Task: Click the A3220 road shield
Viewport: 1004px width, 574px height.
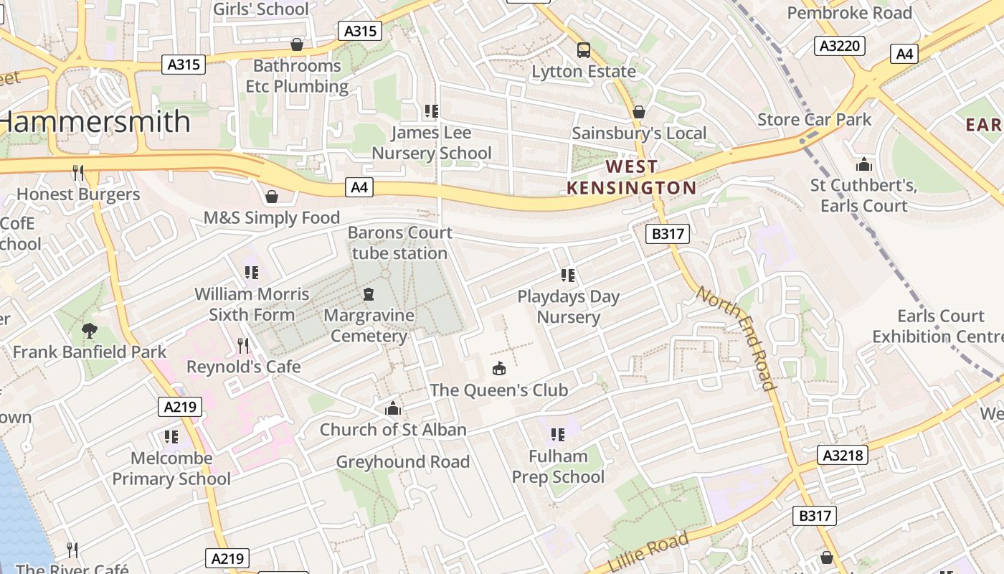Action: point(840,46)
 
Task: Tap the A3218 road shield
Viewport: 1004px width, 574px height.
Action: point(843,455)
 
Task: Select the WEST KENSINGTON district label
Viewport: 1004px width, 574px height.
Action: point(631,177)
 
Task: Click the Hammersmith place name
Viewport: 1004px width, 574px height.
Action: point(95,122)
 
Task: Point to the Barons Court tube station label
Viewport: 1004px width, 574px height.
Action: point(400,243)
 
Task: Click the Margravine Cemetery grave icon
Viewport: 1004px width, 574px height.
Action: point(369,294)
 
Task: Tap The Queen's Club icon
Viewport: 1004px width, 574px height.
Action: point(498,369)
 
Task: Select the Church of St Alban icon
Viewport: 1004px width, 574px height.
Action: point(392,409)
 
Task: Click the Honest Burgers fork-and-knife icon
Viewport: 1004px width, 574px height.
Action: point(78,172)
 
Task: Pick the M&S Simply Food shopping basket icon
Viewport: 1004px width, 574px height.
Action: point(272,196)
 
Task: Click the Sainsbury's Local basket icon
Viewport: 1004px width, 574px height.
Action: point(638,112)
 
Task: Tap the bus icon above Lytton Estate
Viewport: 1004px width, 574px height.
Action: point(584,50)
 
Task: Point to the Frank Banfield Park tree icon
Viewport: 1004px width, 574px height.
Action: point(90,331)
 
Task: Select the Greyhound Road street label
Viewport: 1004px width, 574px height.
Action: point(402,462)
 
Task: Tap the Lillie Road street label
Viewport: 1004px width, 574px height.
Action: point(648,552)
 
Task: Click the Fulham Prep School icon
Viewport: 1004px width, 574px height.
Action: point(557,434)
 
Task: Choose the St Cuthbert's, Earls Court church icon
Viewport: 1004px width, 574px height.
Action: point(863,164)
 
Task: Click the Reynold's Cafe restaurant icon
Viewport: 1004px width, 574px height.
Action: point(243,346)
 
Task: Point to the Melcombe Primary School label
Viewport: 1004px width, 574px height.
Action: point(171,469)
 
